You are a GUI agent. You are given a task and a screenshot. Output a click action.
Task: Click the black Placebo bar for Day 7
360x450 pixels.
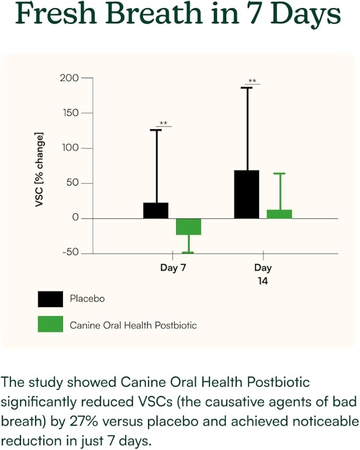pos(155,210)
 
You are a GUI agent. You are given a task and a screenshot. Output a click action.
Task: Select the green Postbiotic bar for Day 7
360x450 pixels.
pos(188,227)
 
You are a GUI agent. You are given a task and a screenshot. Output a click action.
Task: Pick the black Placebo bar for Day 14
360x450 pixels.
pos(247,194)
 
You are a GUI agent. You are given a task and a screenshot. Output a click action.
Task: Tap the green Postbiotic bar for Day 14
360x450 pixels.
pos(279,214)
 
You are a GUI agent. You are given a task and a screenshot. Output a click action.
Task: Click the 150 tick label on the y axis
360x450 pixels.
pos(69,113)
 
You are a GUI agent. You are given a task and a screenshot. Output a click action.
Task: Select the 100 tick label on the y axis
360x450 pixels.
pos(69,148)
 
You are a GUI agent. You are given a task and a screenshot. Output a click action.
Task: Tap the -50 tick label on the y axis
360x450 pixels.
pos(69,253)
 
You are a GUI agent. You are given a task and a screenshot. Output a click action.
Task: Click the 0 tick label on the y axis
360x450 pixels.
pos(75,218)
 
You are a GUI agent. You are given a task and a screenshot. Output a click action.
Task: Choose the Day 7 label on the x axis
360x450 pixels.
pos(173,268)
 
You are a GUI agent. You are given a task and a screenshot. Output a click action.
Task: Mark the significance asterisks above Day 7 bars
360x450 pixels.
pos(163,124)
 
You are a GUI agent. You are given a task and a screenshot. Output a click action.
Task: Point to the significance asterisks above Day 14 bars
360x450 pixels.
pos(252,82)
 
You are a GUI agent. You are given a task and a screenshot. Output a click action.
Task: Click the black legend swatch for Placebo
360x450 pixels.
pos(50,298)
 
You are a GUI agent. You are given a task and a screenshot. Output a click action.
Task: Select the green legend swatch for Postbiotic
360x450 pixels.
pos(50,324)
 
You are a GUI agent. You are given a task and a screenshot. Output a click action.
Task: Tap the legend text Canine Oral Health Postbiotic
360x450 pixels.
pos(133,325)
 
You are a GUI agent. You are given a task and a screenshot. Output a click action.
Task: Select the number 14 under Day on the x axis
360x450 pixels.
pos(262,281)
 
